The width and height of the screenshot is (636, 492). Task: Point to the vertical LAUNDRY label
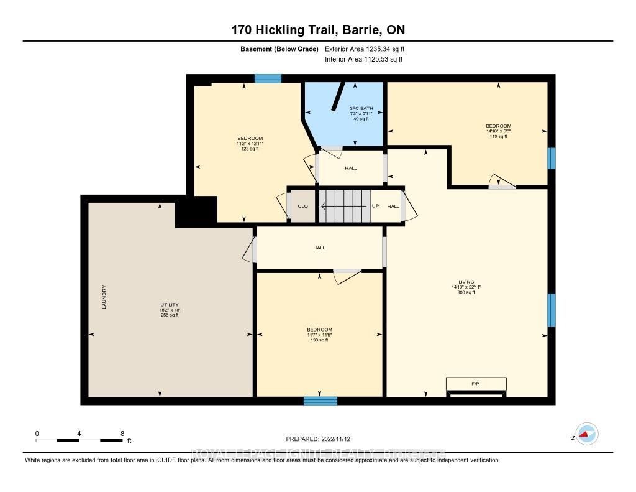(104, 297)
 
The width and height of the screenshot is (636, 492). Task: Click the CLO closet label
(302, 206)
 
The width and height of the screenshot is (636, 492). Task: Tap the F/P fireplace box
(476, 384)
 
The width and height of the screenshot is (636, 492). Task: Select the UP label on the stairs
(375, 206)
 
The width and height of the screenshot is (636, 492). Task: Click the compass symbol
(586, 434)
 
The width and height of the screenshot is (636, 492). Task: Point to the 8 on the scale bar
(122, 434)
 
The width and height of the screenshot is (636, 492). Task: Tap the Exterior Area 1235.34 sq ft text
(365, 49)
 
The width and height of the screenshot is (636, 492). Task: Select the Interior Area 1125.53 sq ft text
(363, 60)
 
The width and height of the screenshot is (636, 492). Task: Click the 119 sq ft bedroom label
(498, 136)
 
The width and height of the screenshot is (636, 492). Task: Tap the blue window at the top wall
(268, 78)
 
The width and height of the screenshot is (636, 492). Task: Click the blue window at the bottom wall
(320, 401)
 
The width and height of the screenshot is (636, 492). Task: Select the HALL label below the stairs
(319, 248)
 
